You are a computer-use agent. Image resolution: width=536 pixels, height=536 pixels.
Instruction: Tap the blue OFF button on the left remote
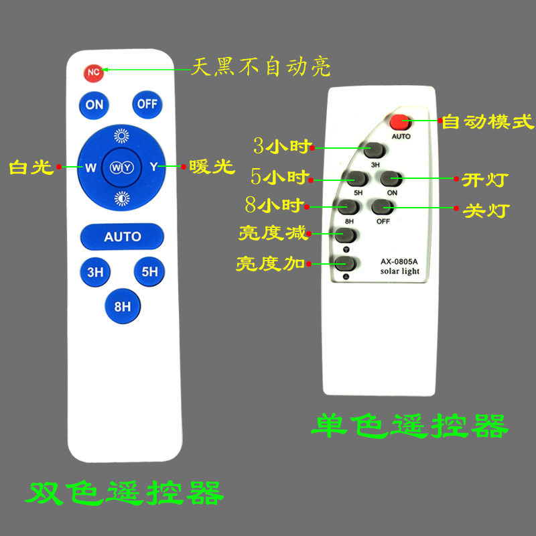(147, 105)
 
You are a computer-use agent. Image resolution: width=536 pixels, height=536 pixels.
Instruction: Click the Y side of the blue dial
(153, 167)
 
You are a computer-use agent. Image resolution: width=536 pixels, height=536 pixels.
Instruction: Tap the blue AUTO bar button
(122, 236)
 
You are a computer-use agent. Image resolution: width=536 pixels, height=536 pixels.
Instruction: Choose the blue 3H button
(95, 272)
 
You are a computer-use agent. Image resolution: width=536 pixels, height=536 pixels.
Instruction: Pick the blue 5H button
(149, 272)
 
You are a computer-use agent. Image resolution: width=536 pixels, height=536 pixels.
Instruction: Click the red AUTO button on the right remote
(401, 122)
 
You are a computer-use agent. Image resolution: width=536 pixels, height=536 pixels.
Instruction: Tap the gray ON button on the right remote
(391, 179)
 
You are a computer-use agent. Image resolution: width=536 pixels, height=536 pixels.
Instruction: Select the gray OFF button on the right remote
(382, 207)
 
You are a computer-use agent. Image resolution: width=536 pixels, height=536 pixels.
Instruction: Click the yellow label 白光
(31, 167)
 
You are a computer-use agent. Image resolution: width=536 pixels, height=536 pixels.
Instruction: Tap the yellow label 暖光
(212, 167)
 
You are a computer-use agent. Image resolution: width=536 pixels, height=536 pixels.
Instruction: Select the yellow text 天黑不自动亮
(261, 68)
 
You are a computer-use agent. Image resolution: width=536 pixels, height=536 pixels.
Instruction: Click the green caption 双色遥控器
(124, 494)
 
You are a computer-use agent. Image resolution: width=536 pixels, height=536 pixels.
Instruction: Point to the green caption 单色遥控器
(410, 425)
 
